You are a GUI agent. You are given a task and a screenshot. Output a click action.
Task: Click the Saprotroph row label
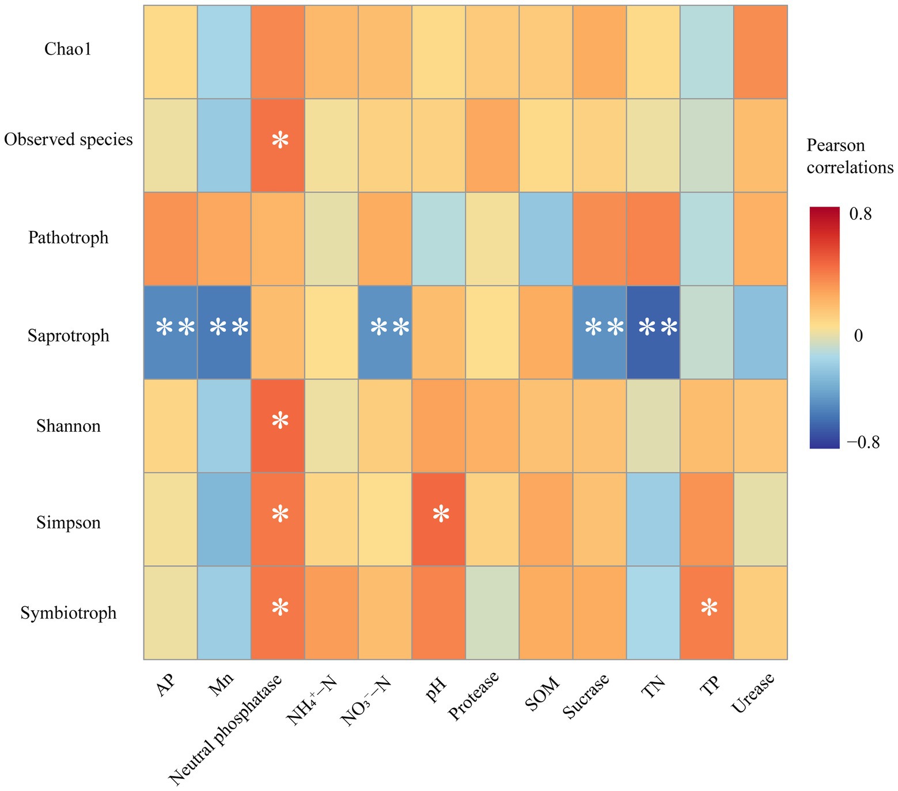(68, 335)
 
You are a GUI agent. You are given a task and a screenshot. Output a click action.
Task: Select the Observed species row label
(68, 139)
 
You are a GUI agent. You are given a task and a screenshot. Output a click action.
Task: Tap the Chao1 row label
(68, 50)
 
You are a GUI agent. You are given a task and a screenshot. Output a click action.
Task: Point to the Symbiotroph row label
(68, 613)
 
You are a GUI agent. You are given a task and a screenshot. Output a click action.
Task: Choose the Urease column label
(753, 694)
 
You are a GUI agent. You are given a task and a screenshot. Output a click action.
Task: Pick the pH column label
(437, 688)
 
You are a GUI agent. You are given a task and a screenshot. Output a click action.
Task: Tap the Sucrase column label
(586, 696)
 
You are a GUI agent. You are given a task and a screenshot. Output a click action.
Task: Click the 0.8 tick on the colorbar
(860, 214)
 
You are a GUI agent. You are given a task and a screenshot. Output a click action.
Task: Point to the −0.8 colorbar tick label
(860, 442)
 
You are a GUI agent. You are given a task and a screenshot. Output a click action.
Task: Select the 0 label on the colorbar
(858, 335)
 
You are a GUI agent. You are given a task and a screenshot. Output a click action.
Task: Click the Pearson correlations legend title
(850, 156)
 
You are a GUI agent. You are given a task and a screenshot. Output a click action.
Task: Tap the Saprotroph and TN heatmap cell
(653, 332)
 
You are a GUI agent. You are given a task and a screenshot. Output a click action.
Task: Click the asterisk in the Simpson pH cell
(441, 514)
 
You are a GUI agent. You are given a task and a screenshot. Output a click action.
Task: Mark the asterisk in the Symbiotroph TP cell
(708, 608)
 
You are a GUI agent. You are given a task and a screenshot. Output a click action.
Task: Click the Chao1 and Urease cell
(760, 52)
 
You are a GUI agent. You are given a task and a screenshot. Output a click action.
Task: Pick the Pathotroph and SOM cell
(546, 238)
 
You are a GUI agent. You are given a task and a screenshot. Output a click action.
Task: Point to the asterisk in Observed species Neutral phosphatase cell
(280, 140)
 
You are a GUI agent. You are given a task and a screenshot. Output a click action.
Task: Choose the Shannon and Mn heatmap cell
(224, 426)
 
